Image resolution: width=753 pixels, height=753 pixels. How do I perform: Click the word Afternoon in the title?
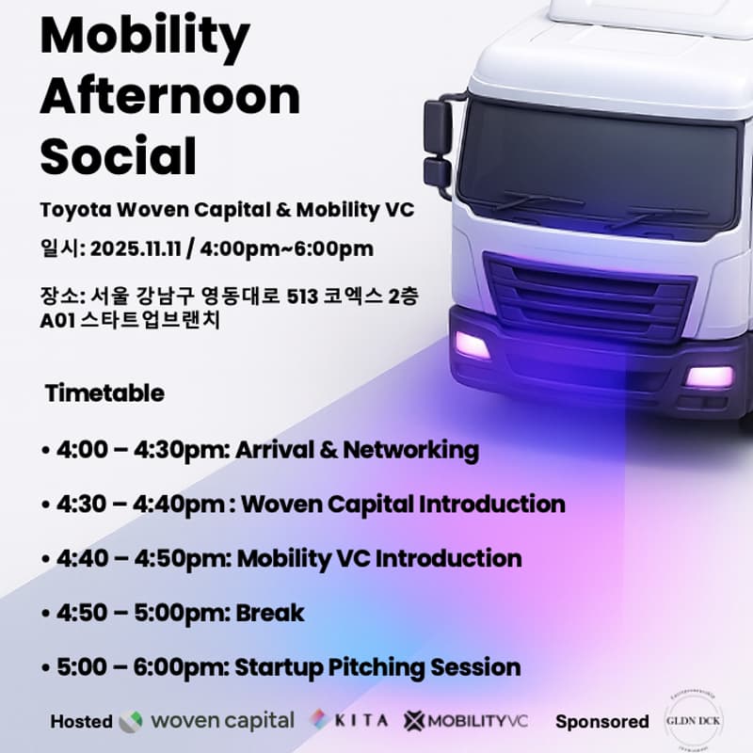pyautogui.click(x=169, y=96)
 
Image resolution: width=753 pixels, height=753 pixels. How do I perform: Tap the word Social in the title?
pyautogui.click(x=118, y=155)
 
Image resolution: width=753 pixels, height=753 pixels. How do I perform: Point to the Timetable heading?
pyautogui.click(x=104, y=393)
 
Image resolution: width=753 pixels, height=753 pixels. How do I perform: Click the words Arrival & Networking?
pyautogui.click(x=357, y=450)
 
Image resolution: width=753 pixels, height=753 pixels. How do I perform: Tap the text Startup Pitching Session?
pyautogui.click(x=377, y=667)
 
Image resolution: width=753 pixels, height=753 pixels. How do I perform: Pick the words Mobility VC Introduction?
pyautogui.click(x=378, y=558)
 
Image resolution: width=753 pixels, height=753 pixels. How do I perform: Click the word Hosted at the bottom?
pyautogui.click(x=81, y=722)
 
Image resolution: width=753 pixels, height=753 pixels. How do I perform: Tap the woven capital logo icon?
pyautogui.click(x=131, y=722)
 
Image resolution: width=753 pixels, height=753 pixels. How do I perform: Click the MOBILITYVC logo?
pyautogui.click(x=466, y=721)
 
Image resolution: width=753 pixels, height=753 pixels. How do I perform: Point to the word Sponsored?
pyautogui.click(x=601, y=722)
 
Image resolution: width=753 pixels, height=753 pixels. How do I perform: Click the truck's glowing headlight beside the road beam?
pyautogui.click(x=473, y=345)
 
